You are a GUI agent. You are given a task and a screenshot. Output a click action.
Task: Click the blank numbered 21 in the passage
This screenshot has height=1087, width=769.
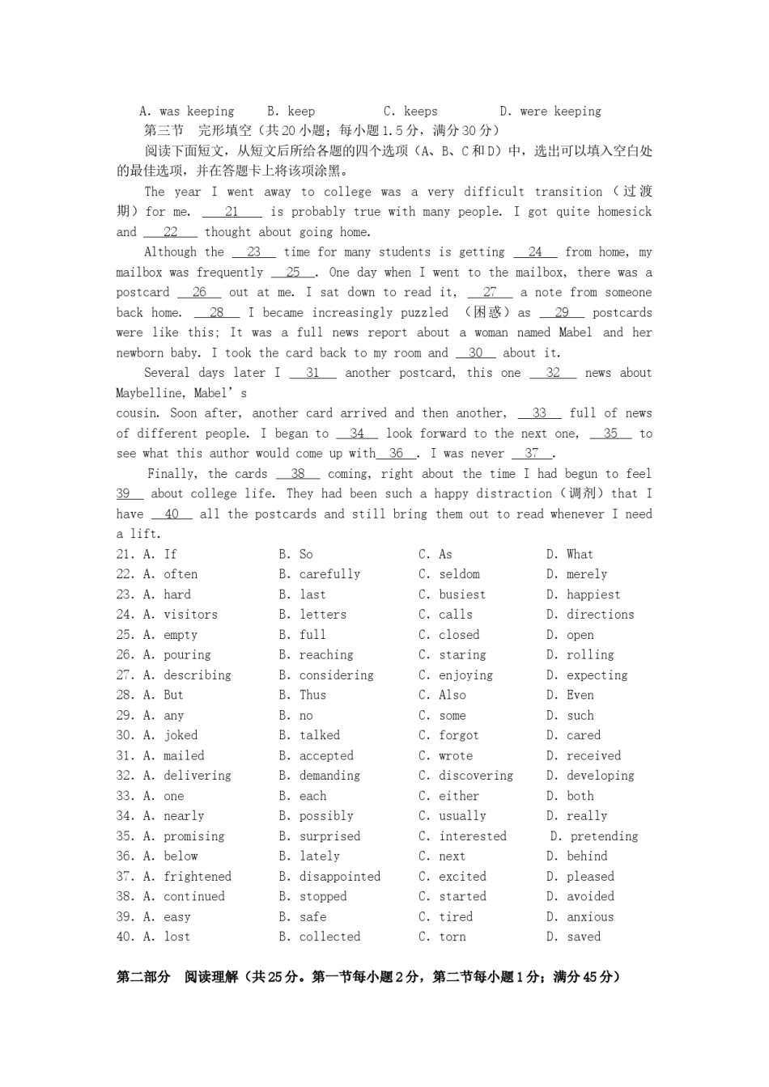232,212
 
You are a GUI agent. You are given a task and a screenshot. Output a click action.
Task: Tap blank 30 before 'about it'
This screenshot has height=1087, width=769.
475,353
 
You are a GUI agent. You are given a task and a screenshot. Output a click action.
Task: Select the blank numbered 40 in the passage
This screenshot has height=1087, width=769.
172,514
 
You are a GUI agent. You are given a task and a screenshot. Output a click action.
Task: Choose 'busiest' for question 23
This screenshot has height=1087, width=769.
462,594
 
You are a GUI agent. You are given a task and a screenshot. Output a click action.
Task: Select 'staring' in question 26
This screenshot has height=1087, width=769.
462,655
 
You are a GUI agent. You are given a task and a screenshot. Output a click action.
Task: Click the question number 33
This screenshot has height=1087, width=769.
125,796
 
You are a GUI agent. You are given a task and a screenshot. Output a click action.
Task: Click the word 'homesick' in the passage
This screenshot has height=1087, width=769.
624,212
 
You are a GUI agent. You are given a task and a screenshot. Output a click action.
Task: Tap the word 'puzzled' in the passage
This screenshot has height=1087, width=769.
425,313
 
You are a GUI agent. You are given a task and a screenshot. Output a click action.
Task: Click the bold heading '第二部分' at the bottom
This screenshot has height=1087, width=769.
143,977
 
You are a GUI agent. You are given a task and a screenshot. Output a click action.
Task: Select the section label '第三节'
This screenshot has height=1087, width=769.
164,131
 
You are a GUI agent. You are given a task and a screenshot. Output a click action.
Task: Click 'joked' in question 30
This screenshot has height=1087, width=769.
181,735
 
